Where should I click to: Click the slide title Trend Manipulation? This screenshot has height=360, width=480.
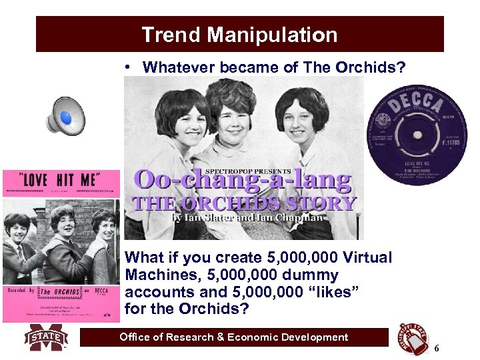pos(239,35)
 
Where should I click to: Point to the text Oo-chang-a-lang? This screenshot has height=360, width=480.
pos(243,181)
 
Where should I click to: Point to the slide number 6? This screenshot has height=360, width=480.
pos(437,349)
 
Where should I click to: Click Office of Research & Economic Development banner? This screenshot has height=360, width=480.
pos(233,337)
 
